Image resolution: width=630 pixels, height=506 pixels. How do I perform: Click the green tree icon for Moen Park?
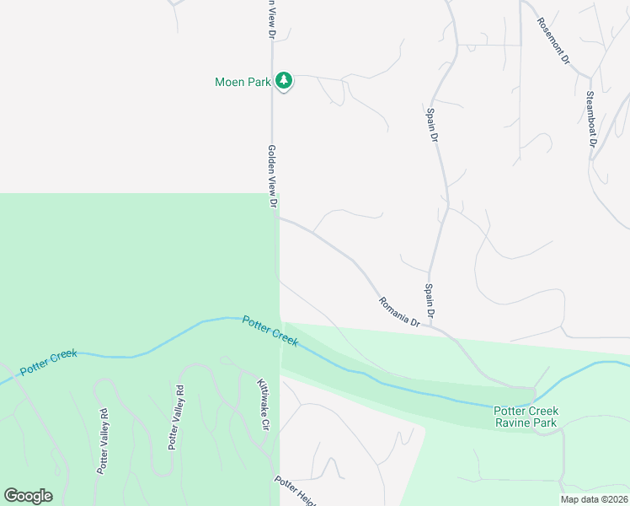coord(285,81)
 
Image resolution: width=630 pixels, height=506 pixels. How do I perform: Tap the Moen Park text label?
coord(242,82)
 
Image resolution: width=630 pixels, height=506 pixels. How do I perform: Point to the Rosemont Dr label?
coord(553,42)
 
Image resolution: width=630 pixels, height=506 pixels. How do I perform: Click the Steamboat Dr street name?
coord(590,119)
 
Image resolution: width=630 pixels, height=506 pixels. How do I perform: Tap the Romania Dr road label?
coord(399,311)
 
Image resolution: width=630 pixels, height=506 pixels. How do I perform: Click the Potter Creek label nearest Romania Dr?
coord(270,331)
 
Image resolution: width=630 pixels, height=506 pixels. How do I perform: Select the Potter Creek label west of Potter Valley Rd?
coord(48,360)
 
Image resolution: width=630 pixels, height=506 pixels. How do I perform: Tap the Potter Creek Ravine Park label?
coord(526,417)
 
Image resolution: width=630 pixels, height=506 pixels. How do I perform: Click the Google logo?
coord(28,496)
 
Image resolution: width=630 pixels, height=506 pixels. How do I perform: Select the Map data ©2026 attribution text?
coord(594,499)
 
